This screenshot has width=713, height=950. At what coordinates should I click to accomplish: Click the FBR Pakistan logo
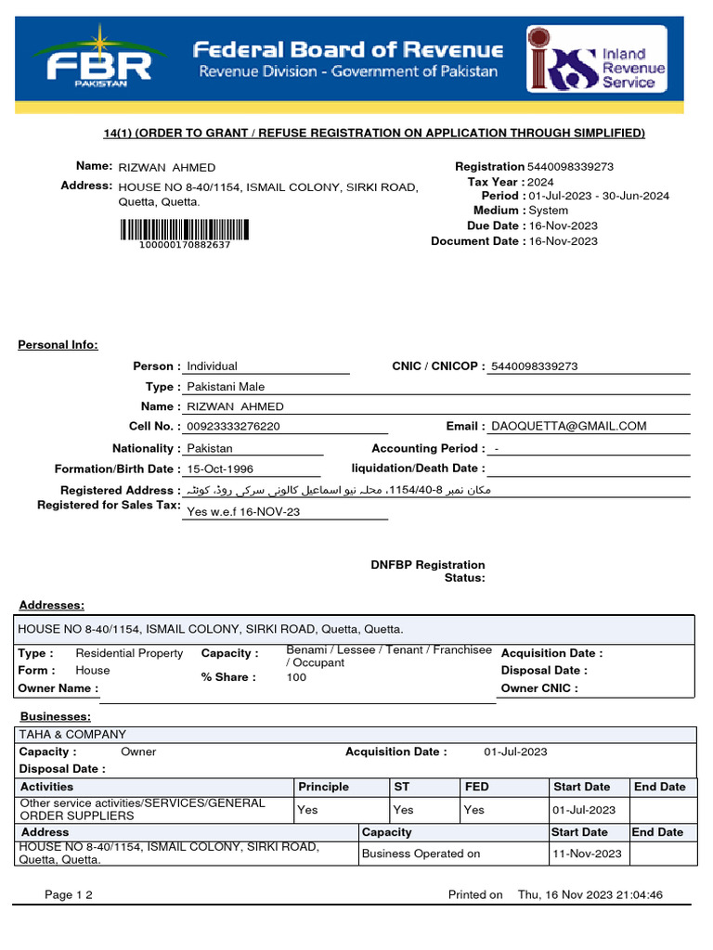point(98,58)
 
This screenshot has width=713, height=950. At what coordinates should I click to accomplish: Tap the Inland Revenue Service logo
point(596,59)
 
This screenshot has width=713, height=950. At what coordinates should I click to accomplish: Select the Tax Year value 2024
point(540,182)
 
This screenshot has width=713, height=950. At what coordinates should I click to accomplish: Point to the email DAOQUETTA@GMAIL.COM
point(568,427)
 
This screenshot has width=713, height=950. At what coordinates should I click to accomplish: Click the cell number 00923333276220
point(233,427)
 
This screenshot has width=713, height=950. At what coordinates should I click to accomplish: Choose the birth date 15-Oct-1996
point(220,469)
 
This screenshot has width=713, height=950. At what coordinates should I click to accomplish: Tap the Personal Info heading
point(58,345)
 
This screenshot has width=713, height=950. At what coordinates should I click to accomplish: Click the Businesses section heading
point(56,717)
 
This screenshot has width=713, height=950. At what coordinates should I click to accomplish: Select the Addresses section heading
point(52,606)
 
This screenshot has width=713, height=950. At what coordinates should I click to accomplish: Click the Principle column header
point(323,787)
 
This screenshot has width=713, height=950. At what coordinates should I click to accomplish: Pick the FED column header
point(476,787)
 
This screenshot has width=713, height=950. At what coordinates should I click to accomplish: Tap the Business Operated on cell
point(421,854)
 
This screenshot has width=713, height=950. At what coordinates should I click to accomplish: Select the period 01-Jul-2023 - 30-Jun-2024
point(598,196)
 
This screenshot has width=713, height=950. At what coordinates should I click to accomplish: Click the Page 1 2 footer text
point(69,895)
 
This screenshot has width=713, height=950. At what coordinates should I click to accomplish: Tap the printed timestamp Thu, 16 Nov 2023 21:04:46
point(590,895)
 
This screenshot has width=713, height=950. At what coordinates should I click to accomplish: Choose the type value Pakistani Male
point(226,387)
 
